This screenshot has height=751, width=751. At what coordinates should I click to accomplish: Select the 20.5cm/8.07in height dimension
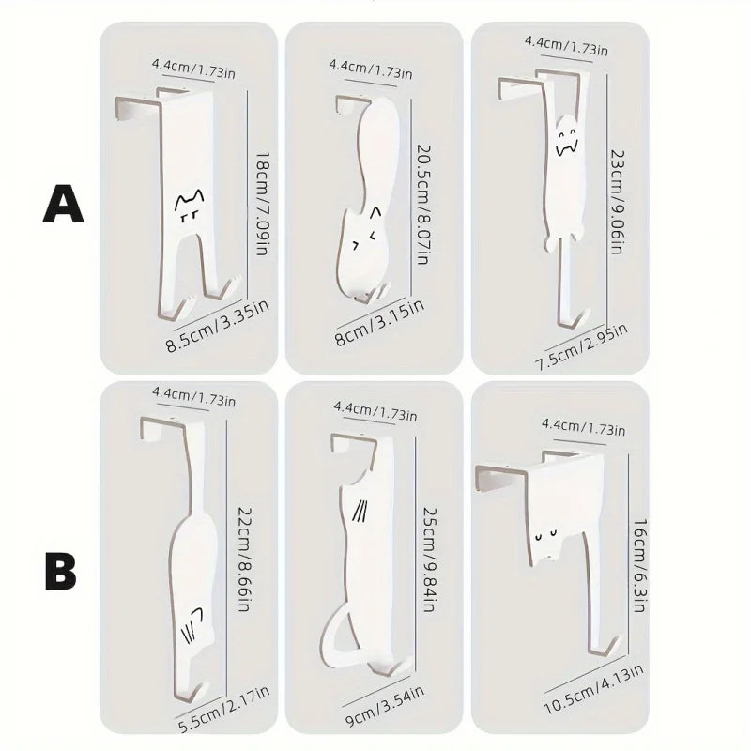point(421,197)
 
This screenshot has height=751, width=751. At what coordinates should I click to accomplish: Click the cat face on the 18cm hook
point(189,207)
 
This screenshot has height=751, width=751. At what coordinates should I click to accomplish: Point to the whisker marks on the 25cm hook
point(358,511)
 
